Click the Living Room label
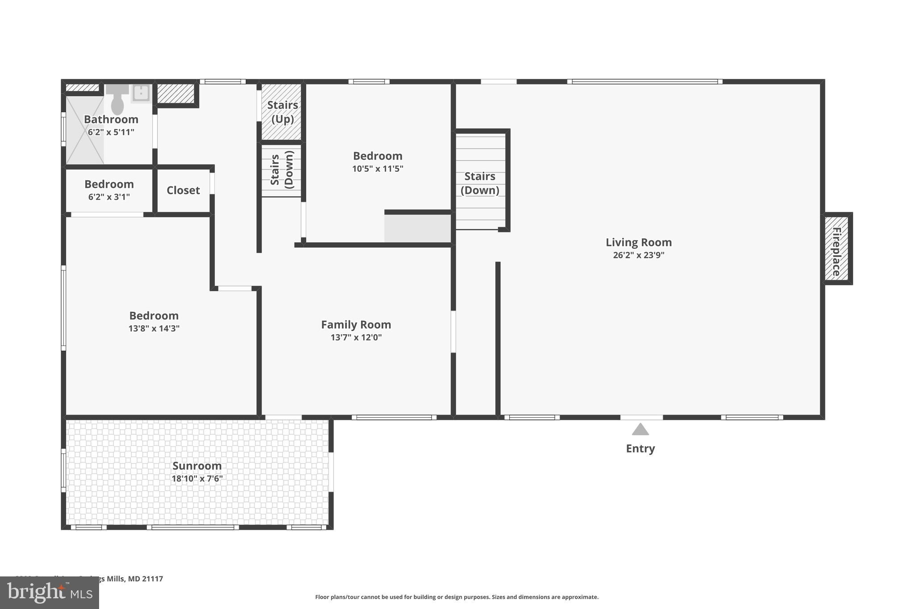click(x=638, y=242)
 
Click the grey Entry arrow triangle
click(x=640, y=430)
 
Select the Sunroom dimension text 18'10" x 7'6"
click(x=197, y=479)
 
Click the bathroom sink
click(x=141, y=93)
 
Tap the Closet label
click(x=183, y=191)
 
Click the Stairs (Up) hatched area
click(x=282, y=112)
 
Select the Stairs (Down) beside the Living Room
click(x=480, y=183)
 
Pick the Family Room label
click(x=356, y=325)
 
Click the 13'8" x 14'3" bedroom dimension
click(x=154, y=328)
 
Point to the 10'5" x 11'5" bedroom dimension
click(x=378, y=169)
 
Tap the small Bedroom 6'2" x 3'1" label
click(x=109, y=184)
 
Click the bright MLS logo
click(x=49, y=593)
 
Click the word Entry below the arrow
click(x=640, y=449)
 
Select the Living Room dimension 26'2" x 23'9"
click(x=638, y=255)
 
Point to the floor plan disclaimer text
click(x=457, y=597)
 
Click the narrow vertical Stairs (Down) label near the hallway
click(x=282, y=170)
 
